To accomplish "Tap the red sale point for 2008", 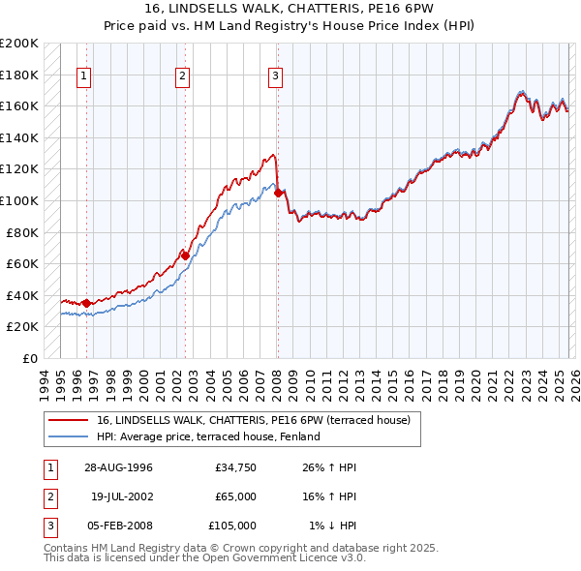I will tap(279, 194).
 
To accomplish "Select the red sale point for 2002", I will tap(186, 256).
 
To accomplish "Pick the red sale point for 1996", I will tap(87, 304).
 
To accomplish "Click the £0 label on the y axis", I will tap(29, 358).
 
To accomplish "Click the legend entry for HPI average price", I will tap(208, 436).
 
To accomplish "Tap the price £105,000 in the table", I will tap(232, 526).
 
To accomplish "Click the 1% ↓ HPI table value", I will tap(332, 526).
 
